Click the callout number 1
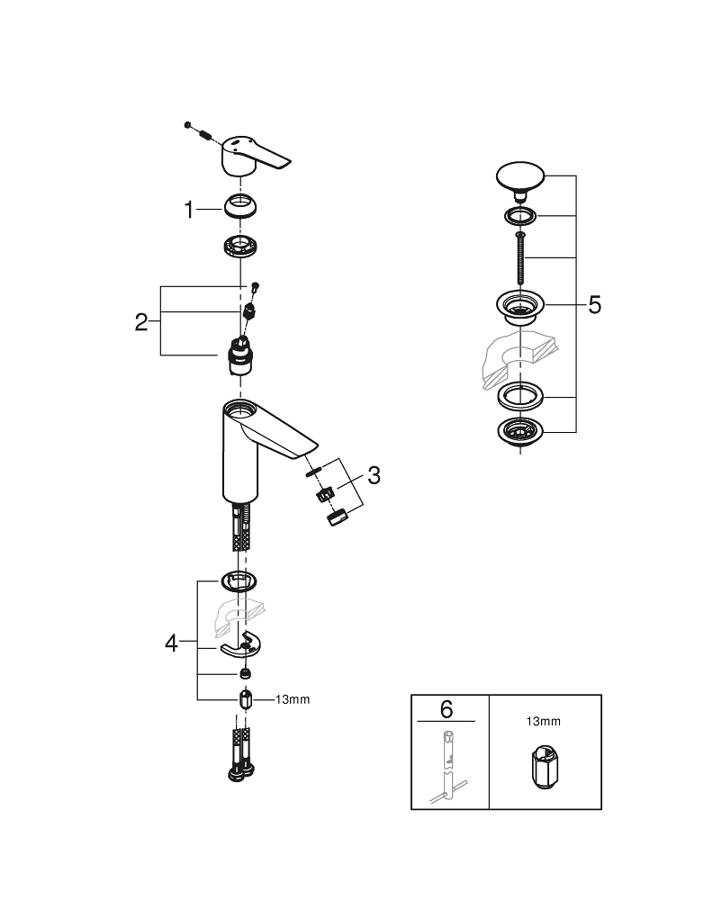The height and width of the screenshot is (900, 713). (188, 211)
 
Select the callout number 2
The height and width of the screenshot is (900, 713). (141, 322)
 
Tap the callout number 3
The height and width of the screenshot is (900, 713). (374, 475)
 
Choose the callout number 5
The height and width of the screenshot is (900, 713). (594, 305)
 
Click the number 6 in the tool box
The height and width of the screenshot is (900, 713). (447, 708)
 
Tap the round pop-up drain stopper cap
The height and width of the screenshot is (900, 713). (517, 175)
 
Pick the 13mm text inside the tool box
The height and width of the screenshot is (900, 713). (543, 721)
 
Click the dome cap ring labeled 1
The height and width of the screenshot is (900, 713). (240, 208)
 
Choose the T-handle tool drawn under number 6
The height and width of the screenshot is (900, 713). (447, 765)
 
